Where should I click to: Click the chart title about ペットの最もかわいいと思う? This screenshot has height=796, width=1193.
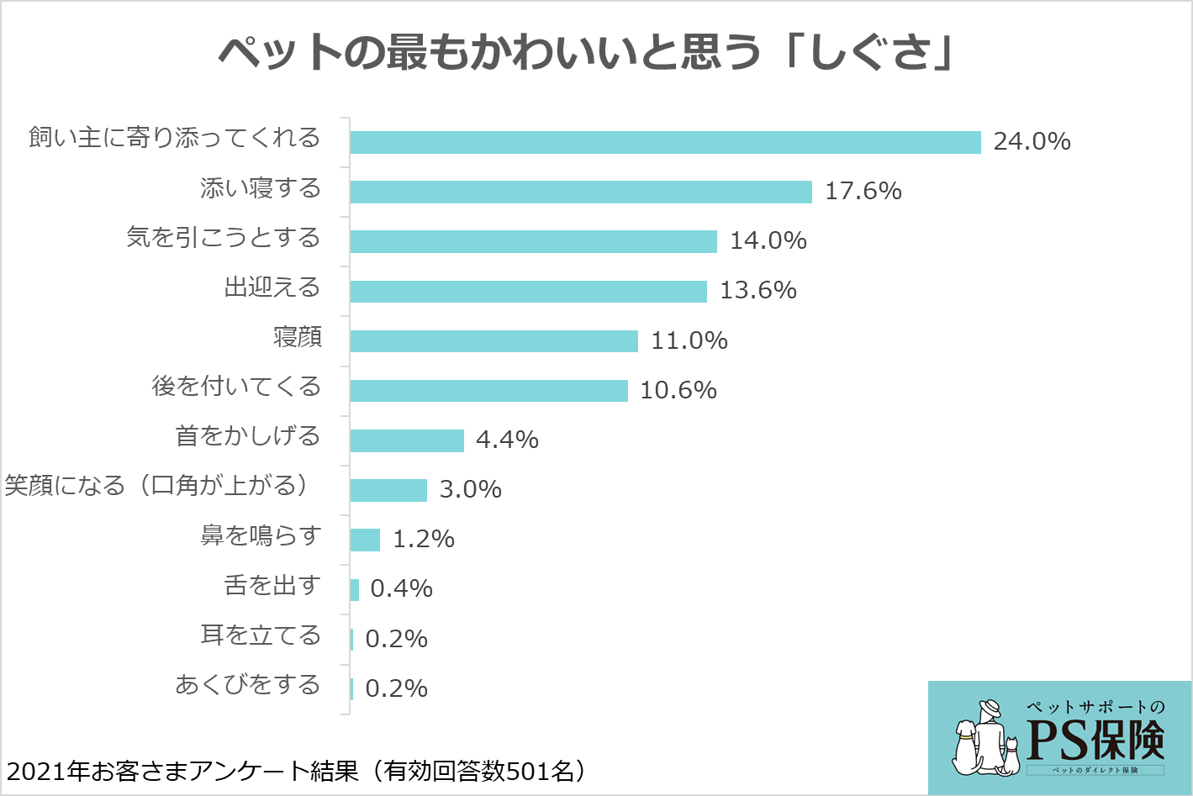[587, 53]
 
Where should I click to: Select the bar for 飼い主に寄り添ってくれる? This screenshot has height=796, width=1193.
[665, 142]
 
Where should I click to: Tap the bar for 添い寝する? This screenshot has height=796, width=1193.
[581, 192]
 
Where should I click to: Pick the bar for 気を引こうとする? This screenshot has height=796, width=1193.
[533, 241]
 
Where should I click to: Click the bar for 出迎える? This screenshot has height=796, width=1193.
[528, 291]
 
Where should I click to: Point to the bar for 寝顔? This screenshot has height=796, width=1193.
[494, 340]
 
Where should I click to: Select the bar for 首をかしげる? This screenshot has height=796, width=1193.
[407, 440]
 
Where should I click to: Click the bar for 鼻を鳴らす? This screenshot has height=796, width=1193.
[365, 540]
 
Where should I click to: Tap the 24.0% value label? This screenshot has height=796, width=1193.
[1032, 141]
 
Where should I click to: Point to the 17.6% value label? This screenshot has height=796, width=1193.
[863, 191]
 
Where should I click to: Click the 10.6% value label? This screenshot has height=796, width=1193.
[678, 390]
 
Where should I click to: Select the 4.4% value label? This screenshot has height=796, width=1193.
[507, 440]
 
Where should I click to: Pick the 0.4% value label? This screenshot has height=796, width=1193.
[401, 588]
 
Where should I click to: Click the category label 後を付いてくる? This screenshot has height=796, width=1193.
[236, 387]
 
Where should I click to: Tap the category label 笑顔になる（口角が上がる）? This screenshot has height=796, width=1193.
[158, 486]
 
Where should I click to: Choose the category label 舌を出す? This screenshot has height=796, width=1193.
[272, 585]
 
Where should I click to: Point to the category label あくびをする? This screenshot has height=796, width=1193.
[247, 684]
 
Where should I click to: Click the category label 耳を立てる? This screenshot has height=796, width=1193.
[261, 635]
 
